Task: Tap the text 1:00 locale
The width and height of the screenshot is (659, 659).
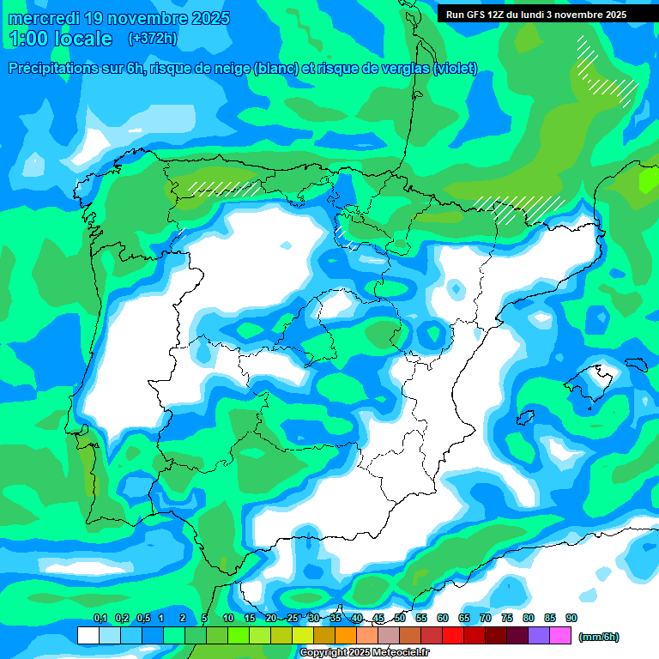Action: [60, 39]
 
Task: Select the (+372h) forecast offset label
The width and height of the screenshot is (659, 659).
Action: [152, 39]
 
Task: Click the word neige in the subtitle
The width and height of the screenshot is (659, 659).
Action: [232, 69]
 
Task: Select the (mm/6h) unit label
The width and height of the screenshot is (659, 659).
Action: [598, 637]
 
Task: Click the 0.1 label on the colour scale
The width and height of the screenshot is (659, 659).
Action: [100, 619]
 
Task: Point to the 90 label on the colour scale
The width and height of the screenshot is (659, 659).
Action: [571, 619]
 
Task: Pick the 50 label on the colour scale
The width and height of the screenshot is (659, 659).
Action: [400, 619]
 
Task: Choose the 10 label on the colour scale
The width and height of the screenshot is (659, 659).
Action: [228, 619]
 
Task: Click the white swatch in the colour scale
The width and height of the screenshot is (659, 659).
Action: [88, 635]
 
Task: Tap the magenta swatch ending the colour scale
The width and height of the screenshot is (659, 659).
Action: [560, 635]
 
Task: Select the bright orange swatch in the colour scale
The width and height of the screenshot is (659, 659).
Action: [346, 635]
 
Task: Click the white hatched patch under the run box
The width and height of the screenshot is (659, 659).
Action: [608, 69]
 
